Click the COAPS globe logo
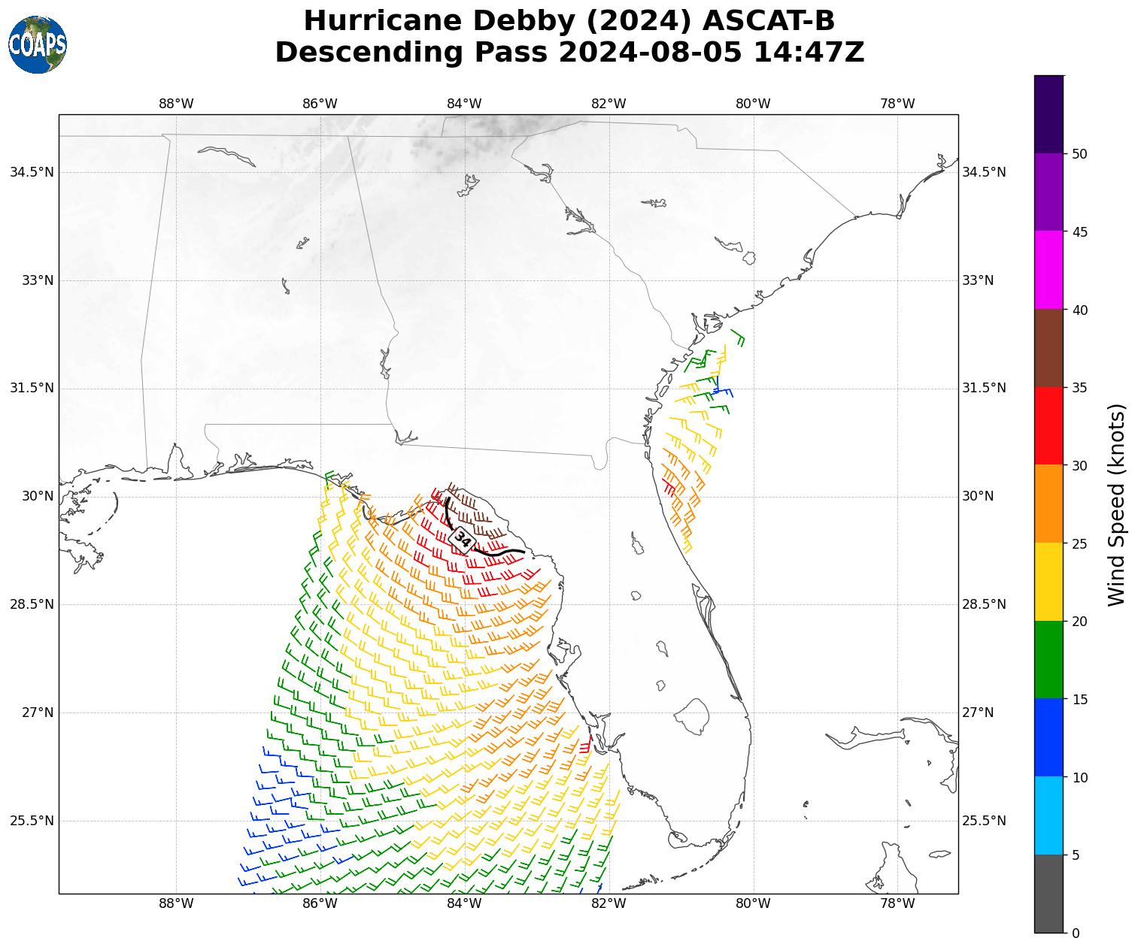38,44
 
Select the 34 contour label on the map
463,540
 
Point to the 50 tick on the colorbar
1079,154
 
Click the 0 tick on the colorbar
1076,933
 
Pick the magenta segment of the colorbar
1048,270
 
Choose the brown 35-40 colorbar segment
1048,348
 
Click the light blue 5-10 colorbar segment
1048,815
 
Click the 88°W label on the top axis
176,104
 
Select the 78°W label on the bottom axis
897,903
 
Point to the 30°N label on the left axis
33,496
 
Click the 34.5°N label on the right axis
984,172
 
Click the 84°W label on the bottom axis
464,903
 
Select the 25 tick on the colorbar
1079,543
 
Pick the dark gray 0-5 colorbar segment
1048,894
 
